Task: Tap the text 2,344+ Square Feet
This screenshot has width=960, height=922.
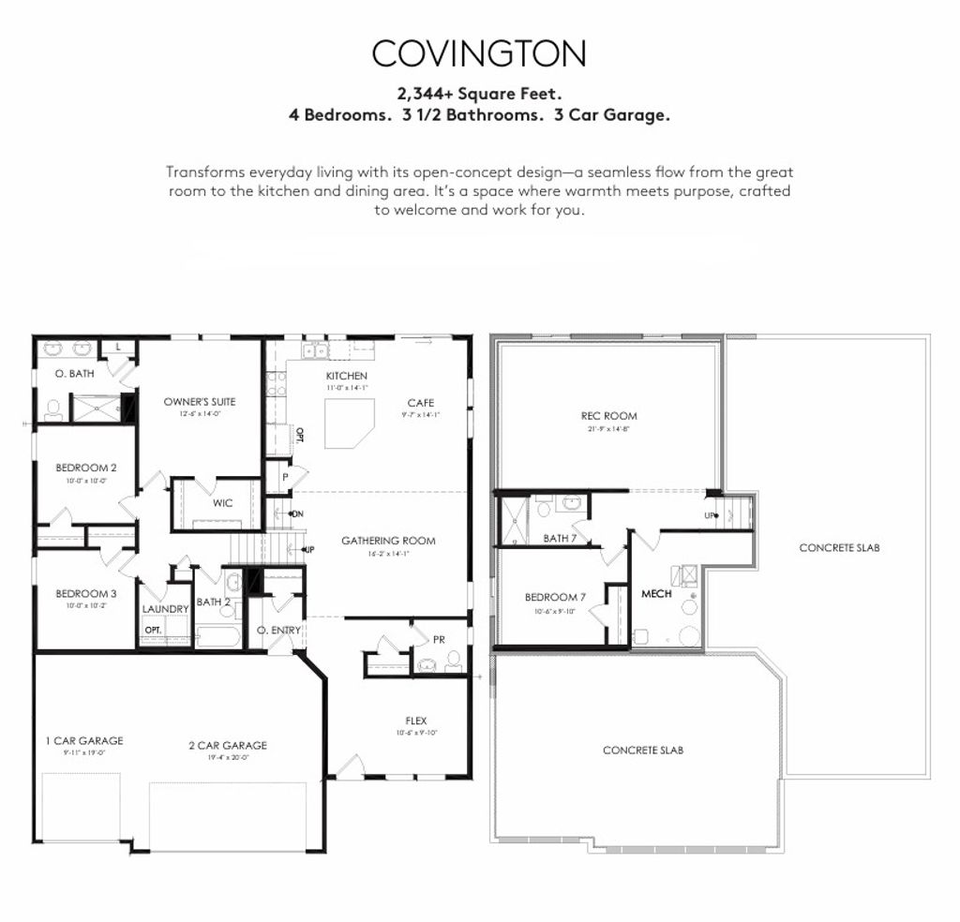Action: (479, 94)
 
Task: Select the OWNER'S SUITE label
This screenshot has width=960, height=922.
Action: (200, 402)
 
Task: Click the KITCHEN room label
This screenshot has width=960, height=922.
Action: (346, 376)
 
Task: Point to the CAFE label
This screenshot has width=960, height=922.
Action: (420, 403)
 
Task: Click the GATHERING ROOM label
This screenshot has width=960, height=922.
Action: (388, 541)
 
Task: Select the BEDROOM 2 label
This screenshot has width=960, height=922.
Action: (85, 468)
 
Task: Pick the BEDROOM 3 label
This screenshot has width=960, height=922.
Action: (85, 593)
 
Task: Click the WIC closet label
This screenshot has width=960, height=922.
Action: (222, 503)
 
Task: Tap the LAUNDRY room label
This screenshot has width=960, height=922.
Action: (166, 609)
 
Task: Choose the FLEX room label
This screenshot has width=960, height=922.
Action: (416, 721)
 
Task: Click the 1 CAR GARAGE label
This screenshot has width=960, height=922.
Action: (83, 740)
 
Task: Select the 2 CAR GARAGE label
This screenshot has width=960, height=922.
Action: (227, 746)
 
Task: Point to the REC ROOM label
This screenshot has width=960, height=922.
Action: (608, 416)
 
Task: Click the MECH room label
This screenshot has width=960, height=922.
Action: (656, 593)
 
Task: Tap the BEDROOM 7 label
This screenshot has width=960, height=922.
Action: (551, 597)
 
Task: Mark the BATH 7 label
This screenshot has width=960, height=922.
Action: (559, 538)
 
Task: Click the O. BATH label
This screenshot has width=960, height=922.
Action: (72, 374)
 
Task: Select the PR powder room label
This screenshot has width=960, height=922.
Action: (439, 639)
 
